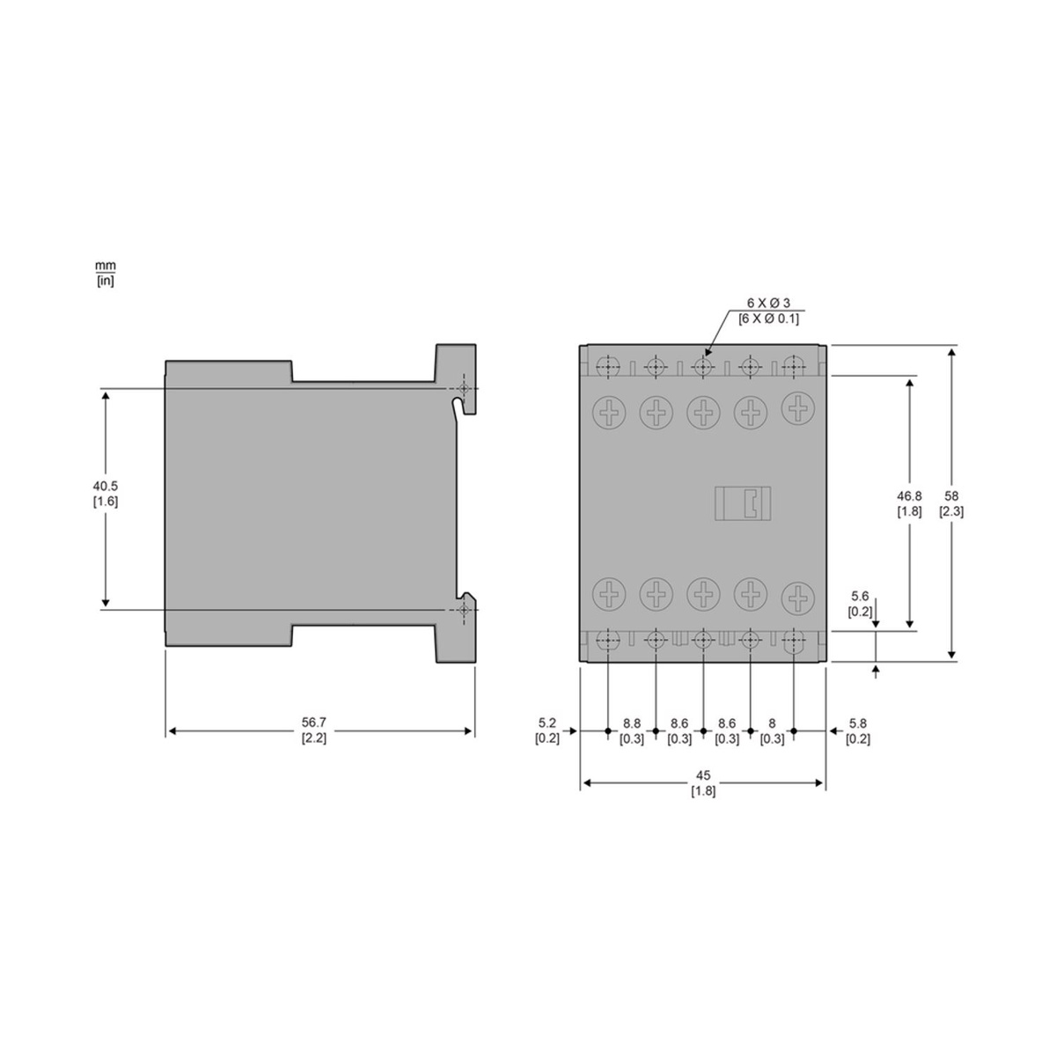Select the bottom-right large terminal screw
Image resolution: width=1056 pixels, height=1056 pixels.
pos(797,598)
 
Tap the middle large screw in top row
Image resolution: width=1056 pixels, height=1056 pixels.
pos(702,409)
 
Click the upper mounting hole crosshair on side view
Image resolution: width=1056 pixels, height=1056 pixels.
pos(464,388)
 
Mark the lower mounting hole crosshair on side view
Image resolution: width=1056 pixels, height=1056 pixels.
pos(464,609)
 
